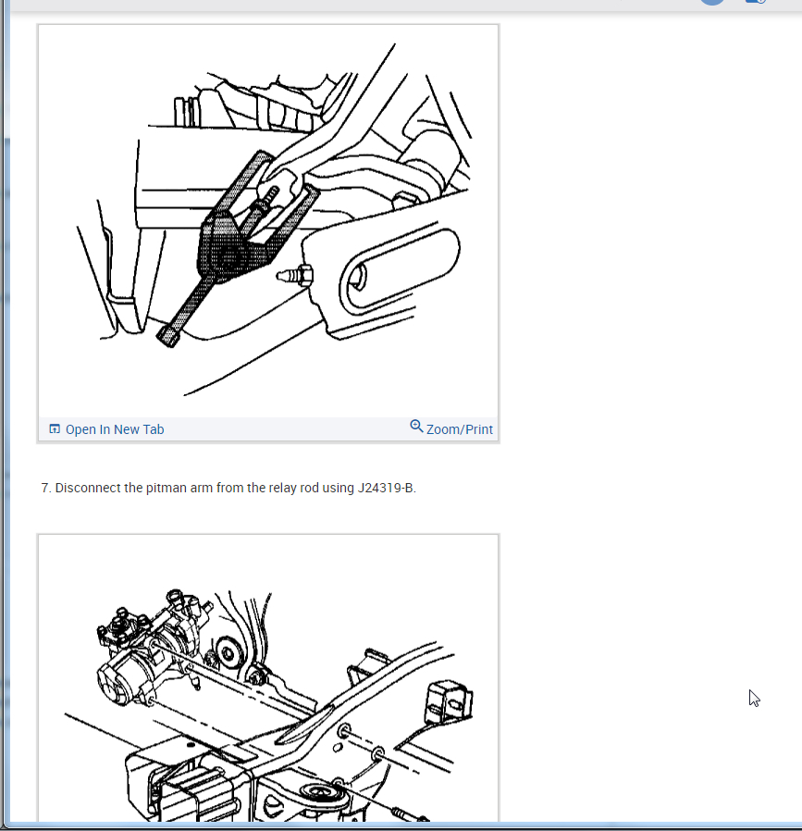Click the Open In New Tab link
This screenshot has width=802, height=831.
pos(114,429)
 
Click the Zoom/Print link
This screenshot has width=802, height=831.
pos(459,429)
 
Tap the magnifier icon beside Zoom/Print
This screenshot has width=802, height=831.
pos(416,426)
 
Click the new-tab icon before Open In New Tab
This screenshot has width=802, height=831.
pos(55,429)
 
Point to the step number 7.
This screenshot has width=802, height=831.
pos(45,488)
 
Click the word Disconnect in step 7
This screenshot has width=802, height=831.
pos(87,488)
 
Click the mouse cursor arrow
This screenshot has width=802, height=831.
pos(754,698)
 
